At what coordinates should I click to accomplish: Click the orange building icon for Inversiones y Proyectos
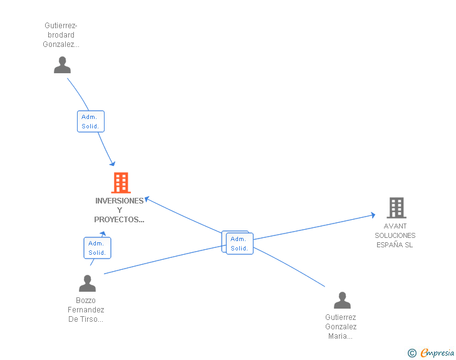[x=121, y=183]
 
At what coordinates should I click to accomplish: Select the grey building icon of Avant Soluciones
[x=396, y=208]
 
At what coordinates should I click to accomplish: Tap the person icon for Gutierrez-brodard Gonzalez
[x=62, y=65]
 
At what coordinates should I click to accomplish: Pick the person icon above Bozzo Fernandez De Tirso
[x=87, y=284]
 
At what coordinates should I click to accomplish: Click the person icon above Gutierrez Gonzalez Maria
[x=342, y=301]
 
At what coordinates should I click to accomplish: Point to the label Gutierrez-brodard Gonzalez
[x=61, y=35]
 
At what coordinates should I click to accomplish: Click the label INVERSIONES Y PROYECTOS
[x=119, y=210]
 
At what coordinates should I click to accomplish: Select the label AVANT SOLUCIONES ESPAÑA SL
[x=395, y=235]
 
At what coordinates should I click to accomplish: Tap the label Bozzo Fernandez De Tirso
[x=86, y=310]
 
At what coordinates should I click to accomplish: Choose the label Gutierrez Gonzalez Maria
[x=341, y=327]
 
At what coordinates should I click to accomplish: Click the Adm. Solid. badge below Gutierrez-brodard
[x=90, y=121]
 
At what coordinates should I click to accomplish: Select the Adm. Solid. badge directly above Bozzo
[x=97, y=248]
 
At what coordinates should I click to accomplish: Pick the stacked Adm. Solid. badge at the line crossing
[x=238, y=243]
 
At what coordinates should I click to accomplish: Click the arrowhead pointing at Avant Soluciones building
[x=372, y=215]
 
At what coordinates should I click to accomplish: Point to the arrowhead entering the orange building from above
[x=112, y=163]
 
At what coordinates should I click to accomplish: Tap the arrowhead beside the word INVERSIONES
[x=148, y=200]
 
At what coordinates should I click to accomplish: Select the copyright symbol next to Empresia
[x=412, y=354]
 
